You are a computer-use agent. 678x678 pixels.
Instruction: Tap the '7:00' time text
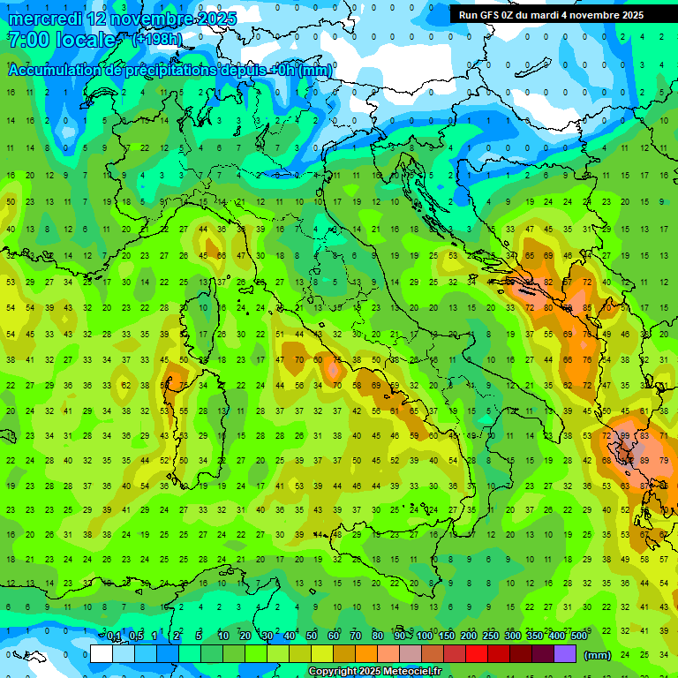27,40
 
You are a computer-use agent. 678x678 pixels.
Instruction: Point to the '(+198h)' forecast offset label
157,40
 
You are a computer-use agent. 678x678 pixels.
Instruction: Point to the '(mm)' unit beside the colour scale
598,655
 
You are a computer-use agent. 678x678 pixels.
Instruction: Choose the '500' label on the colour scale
579,637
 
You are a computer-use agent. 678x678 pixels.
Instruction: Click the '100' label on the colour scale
425,637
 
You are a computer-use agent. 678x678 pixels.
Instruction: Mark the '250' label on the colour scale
491,637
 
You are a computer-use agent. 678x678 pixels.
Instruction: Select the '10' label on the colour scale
223,637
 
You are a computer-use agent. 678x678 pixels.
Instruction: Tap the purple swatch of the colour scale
565,654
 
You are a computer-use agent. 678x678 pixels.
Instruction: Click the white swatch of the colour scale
102,654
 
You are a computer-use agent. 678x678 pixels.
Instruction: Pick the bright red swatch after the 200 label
477,654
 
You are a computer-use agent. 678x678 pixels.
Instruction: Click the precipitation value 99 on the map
626,436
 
